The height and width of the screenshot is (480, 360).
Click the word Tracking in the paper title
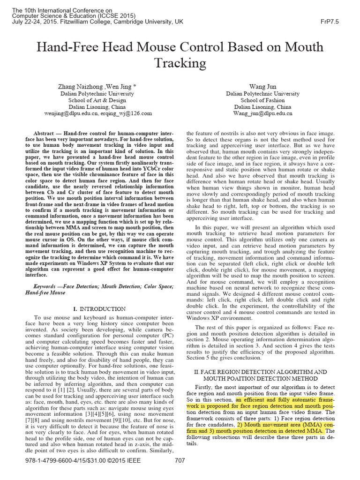pos(180,63)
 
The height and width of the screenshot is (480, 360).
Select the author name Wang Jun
pos(262,87)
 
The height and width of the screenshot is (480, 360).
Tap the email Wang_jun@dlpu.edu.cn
pos(262,113)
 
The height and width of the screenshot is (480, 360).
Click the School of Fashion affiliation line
pos(262,100)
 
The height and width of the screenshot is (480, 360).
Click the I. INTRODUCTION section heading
pos(99,309)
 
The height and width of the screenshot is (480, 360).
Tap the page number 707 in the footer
pos(180,473)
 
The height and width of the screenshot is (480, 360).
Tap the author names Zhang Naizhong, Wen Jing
pos(97,87)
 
